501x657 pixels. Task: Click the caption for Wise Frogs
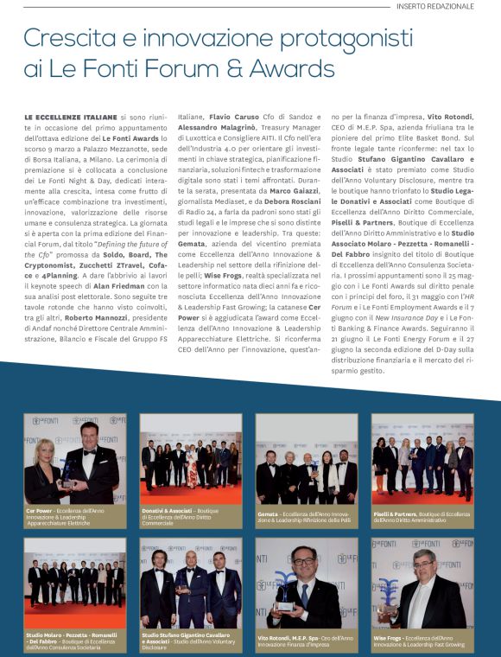[421, 641]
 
